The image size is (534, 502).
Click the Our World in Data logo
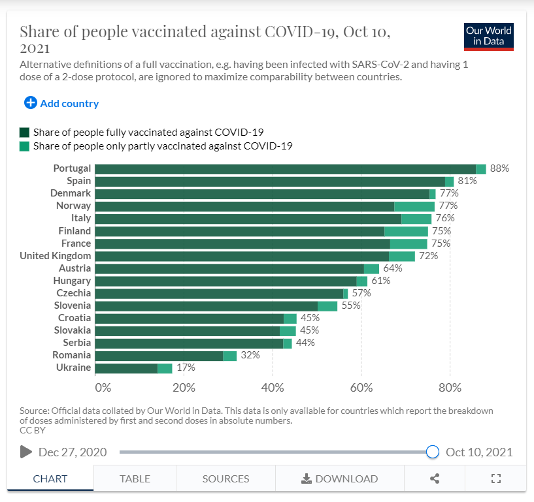pos(488,37)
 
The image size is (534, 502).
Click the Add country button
pos(61,103)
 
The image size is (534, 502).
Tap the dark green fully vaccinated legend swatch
pos(25,131)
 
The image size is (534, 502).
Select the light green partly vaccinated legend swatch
pos(25,146)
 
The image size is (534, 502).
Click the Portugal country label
pos(72,168)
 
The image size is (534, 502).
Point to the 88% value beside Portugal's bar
pos(499,168)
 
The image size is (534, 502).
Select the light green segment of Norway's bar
pos(414,206)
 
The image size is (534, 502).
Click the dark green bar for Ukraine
pos(126,368)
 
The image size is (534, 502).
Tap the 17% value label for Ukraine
pos(186,368)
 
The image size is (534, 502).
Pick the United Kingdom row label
pos(55,255)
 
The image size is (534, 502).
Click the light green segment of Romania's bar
pos(229,356)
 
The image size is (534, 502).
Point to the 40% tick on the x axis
pos(273,387)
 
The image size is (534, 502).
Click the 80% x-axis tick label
pos(450,387)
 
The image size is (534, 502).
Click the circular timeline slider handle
pos(432,452)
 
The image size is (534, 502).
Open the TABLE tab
pos(135,478)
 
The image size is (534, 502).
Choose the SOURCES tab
pos(225,478)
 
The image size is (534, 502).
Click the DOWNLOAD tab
pos(339,478)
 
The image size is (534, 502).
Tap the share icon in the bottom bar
pos(435,478)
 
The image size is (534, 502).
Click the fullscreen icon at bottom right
pos(495,478)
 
